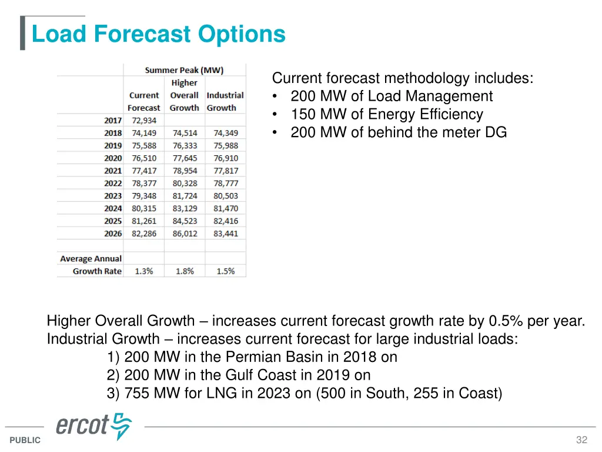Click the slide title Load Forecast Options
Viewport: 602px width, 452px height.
pyautogui.click(x=158, y=34)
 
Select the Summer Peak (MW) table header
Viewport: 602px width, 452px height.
pyautogui.click(x=184, y=71)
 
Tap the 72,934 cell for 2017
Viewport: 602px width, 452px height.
pyautogui.click(x=144, y=121)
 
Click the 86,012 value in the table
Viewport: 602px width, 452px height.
pyautogui.click(x=184, y=234)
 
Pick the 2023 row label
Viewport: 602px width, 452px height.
pyautogui.click(x=113, y=196)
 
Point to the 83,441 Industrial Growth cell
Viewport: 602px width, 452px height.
pyautogui.click(x=226, y=234)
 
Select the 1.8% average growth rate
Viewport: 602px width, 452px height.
pyautogui.click(x=184, y=271)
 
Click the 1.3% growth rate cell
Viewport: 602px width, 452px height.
pyautogui.click(x=144, y=271)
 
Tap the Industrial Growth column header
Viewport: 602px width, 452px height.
pyautogui.click(x=225, y=101)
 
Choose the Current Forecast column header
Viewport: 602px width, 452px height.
pyautogui.click(x=144, y=101)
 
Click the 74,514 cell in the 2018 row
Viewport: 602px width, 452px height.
pyautogui.click(x=184, y=133)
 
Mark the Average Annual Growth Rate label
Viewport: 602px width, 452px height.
pyautogui.click(x=91, y=265)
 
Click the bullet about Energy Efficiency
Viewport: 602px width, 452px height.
pyautogui.click(x=386, y=114)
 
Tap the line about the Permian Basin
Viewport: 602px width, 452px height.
pyautogui.click(x=252, y=357)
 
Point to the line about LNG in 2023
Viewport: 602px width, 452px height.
pyautogui.click(x=305, y=393)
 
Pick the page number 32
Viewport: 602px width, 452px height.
pyautogui.click(x=581, y=440)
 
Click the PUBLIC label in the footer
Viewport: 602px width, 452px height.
pyautogui.click(x=25, y=440)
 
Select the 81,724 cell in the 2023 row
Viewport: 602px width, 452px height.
pyautogui.click(x=184, y=196)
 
